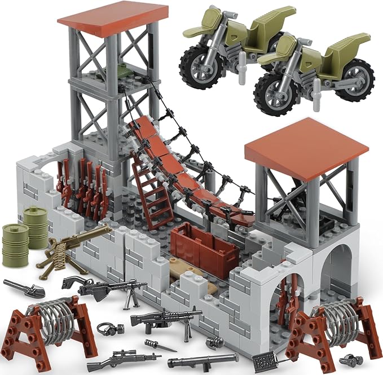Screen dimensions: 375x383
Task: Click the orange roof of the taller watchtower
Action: click(113, 17)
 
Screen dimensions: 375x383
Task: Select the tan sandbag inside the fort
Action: click(192, 276)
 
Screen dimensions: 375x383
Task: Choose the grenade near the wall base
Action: click(214, 341)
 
